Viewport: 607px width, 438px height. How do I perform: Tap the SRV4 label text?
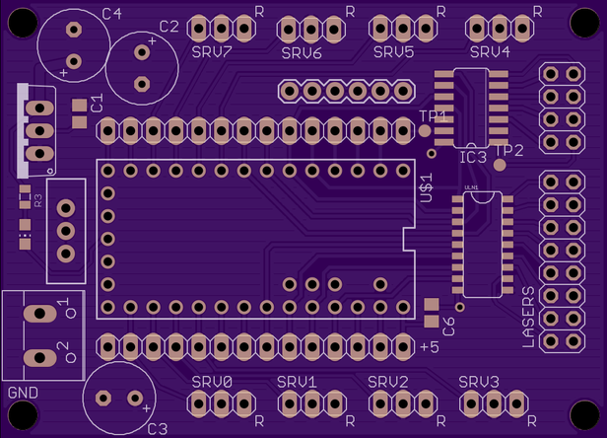coord(490,51)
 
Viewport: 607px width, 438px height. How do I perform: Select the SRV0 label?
coord(212,382)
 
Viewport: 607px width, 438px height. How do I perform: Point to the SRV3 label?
coord(479,382)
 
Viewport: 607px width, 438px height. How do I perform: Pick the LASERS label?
coord(528,317)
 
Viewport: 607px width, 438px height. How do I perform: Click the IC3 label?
coord(473,157)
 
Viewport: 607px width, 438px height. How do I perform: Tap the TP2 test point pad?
coord(501,166)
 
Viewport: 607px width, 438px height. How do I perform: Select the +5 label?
coord(429,347)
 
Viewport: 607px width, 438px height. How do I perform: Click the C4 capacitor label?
coord(112,13)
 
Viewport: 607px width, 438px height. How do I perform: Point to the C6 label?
coord(449,327)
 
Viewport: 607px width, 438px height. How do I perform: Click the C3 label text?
coord(157,428)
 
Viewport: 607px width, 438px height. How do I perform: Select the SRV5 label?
coord(393,51)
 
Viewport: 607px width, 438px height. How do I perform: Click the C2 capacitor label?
coord(169,27)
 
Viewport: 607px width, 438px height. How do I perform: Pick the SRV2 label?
coord(388,382)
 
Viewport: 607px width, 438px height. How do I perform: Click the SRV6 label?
coord(302,52)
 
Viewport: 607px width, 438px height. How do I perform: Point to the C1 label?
coord(97,104)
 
